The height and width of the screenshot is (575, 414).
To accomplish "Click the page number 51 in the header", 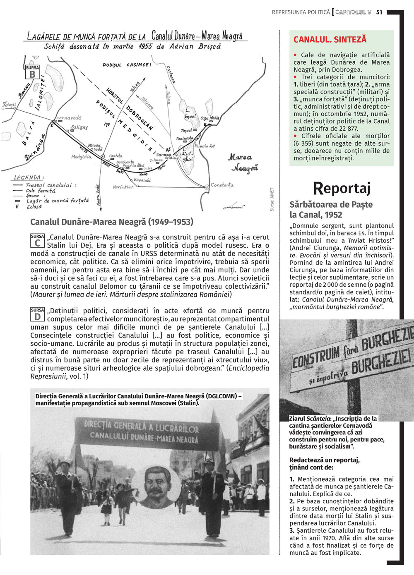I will [379, 12].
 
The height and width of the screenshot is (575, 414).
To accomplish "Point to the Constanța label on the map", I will [222, 185].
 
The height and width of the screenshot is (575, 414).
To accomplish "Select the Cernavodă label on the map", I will [69, 118].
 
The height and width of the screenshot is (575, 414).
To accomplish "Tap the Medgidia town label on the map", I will [82, 157].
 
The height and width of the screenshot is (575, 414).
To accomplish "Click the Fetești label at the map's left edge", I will [9, 105].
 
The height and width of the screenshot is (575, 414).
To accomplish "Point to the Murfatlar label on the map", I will [123, 187].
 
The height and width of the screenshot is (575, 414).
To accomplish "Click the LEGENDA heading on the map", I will [27, 177].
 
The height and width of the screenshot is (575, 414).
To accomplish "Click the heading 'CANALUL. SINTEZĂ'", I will [330, 40].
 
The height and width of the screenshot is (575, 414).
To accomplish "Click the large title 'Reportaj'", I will [342, 188].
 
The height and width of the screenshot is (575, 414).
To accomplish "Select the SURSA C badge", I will [37, 240].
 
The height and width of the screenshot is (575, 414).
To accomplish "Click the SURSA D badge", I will [37, 314].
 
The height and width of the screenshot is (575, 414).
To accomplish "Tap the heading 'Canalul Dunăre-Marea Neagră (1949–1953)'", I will [112, 222].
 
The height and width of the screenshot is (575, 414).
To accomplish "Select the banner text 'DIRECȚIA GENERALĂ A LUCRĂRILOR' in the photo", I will [142, 426].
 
